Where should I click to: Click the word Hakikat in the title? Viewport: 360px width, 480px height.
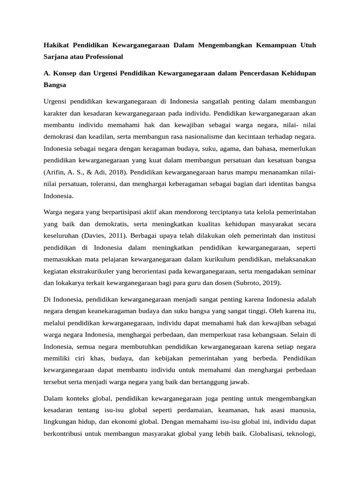[56, 45]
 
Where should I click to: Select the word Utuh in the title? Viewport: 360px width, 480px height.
[307, 45]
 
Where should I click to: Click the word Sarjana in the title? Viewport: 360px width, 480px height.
[55, 57]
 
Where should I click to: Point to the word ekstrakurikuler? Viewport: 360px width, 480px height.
[95, 271]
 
